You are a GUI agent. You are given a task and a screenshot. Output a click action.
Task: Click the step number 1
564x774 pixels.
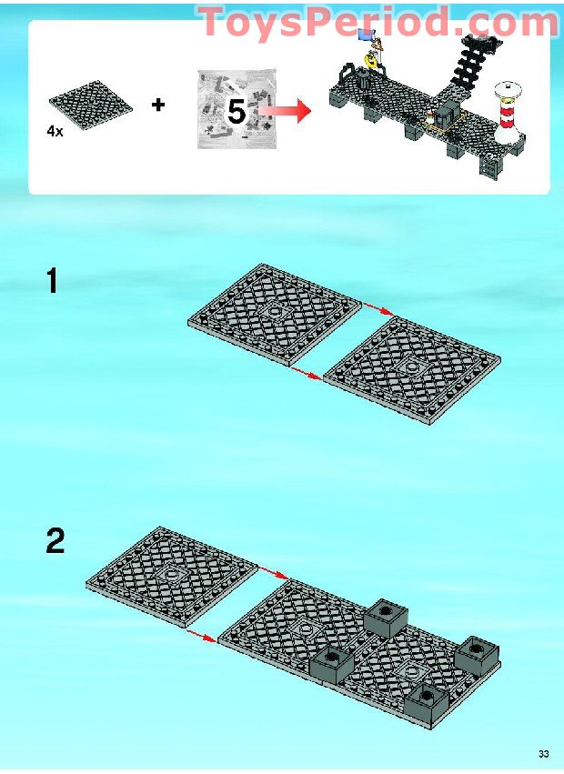point(52,281)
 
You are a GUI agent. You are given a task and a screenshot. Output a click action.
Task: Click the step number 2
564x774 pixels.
point(55,541)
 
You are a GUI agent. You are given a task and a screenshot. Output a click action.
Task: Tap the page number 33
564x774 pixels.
point(543,754)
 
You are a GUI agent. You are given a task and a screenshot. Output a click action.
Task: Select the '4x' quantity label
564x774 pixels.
point(55,131)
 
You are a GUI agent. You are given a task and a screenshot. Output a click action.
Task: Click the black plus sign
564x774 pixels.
point(158,105)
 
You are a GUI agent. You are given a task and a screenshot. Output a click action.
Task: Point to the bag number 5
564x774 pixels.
point(237,112)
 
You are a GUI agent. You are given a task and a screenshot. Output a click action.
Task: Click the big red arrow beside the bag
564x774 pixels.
point(286,111)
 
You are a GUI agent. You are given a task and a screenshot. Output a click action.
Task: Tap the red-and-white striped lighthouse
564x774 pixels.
point(508,113)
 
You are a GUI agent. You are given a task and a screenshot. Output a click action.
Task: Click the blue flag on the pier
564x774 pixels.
point(366,35)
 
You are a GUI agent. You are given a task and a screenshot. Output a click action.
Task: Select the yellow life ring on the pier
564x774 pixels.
point(370,61)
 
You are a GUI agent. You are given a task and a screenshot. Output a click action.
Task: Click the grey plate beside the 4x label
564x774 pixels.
point(91,106)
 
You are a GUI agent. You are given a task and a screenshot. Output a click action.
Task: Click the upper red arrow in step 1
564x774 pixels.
point(378,308)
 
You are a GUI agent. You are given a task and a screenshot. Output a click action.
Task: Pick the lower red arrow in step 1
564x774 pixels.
point(307,373)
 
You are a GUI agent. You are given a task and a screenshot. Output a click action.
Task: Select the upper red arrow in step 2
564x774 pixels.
point(274,573)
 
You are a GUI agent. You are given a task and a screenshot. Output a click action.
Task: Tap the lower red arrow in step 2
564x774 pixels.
point(202,637)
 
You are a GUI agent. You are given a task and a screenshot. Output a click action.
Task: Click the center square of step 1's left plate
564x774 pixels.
point(274,313)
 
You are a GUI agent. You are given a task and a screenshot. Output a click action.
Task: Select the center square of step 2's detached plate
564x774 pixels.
point(171,574)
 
